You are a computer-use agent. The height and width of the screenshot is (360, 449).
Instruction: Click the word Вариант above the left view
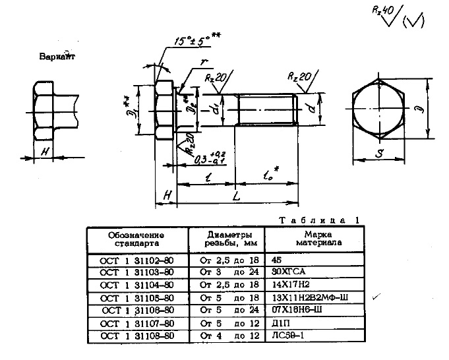tap(58, 57)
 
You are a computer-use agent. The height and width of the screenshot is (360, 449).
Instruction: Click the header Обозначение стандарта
tap(136, 239)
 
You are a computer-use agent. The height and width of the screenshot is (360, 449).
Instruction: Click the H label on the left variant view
tap(44, 152)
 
